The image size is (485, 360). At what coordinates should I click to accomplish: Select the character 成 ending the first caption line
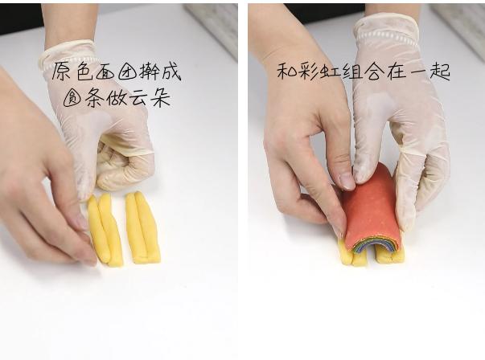pyautogui.click(x=170, y=72)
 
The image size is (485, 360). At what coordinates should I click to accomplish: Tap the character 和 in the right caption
pyautogui.click(x=288, y=71)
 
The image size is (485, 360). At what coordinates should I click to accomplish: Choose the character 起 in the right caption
pyautogui.click(x=440, y=71)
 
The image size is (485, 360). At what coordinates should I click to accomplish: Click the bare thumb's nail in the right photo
pyautogui.click(x=347, y=181)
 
